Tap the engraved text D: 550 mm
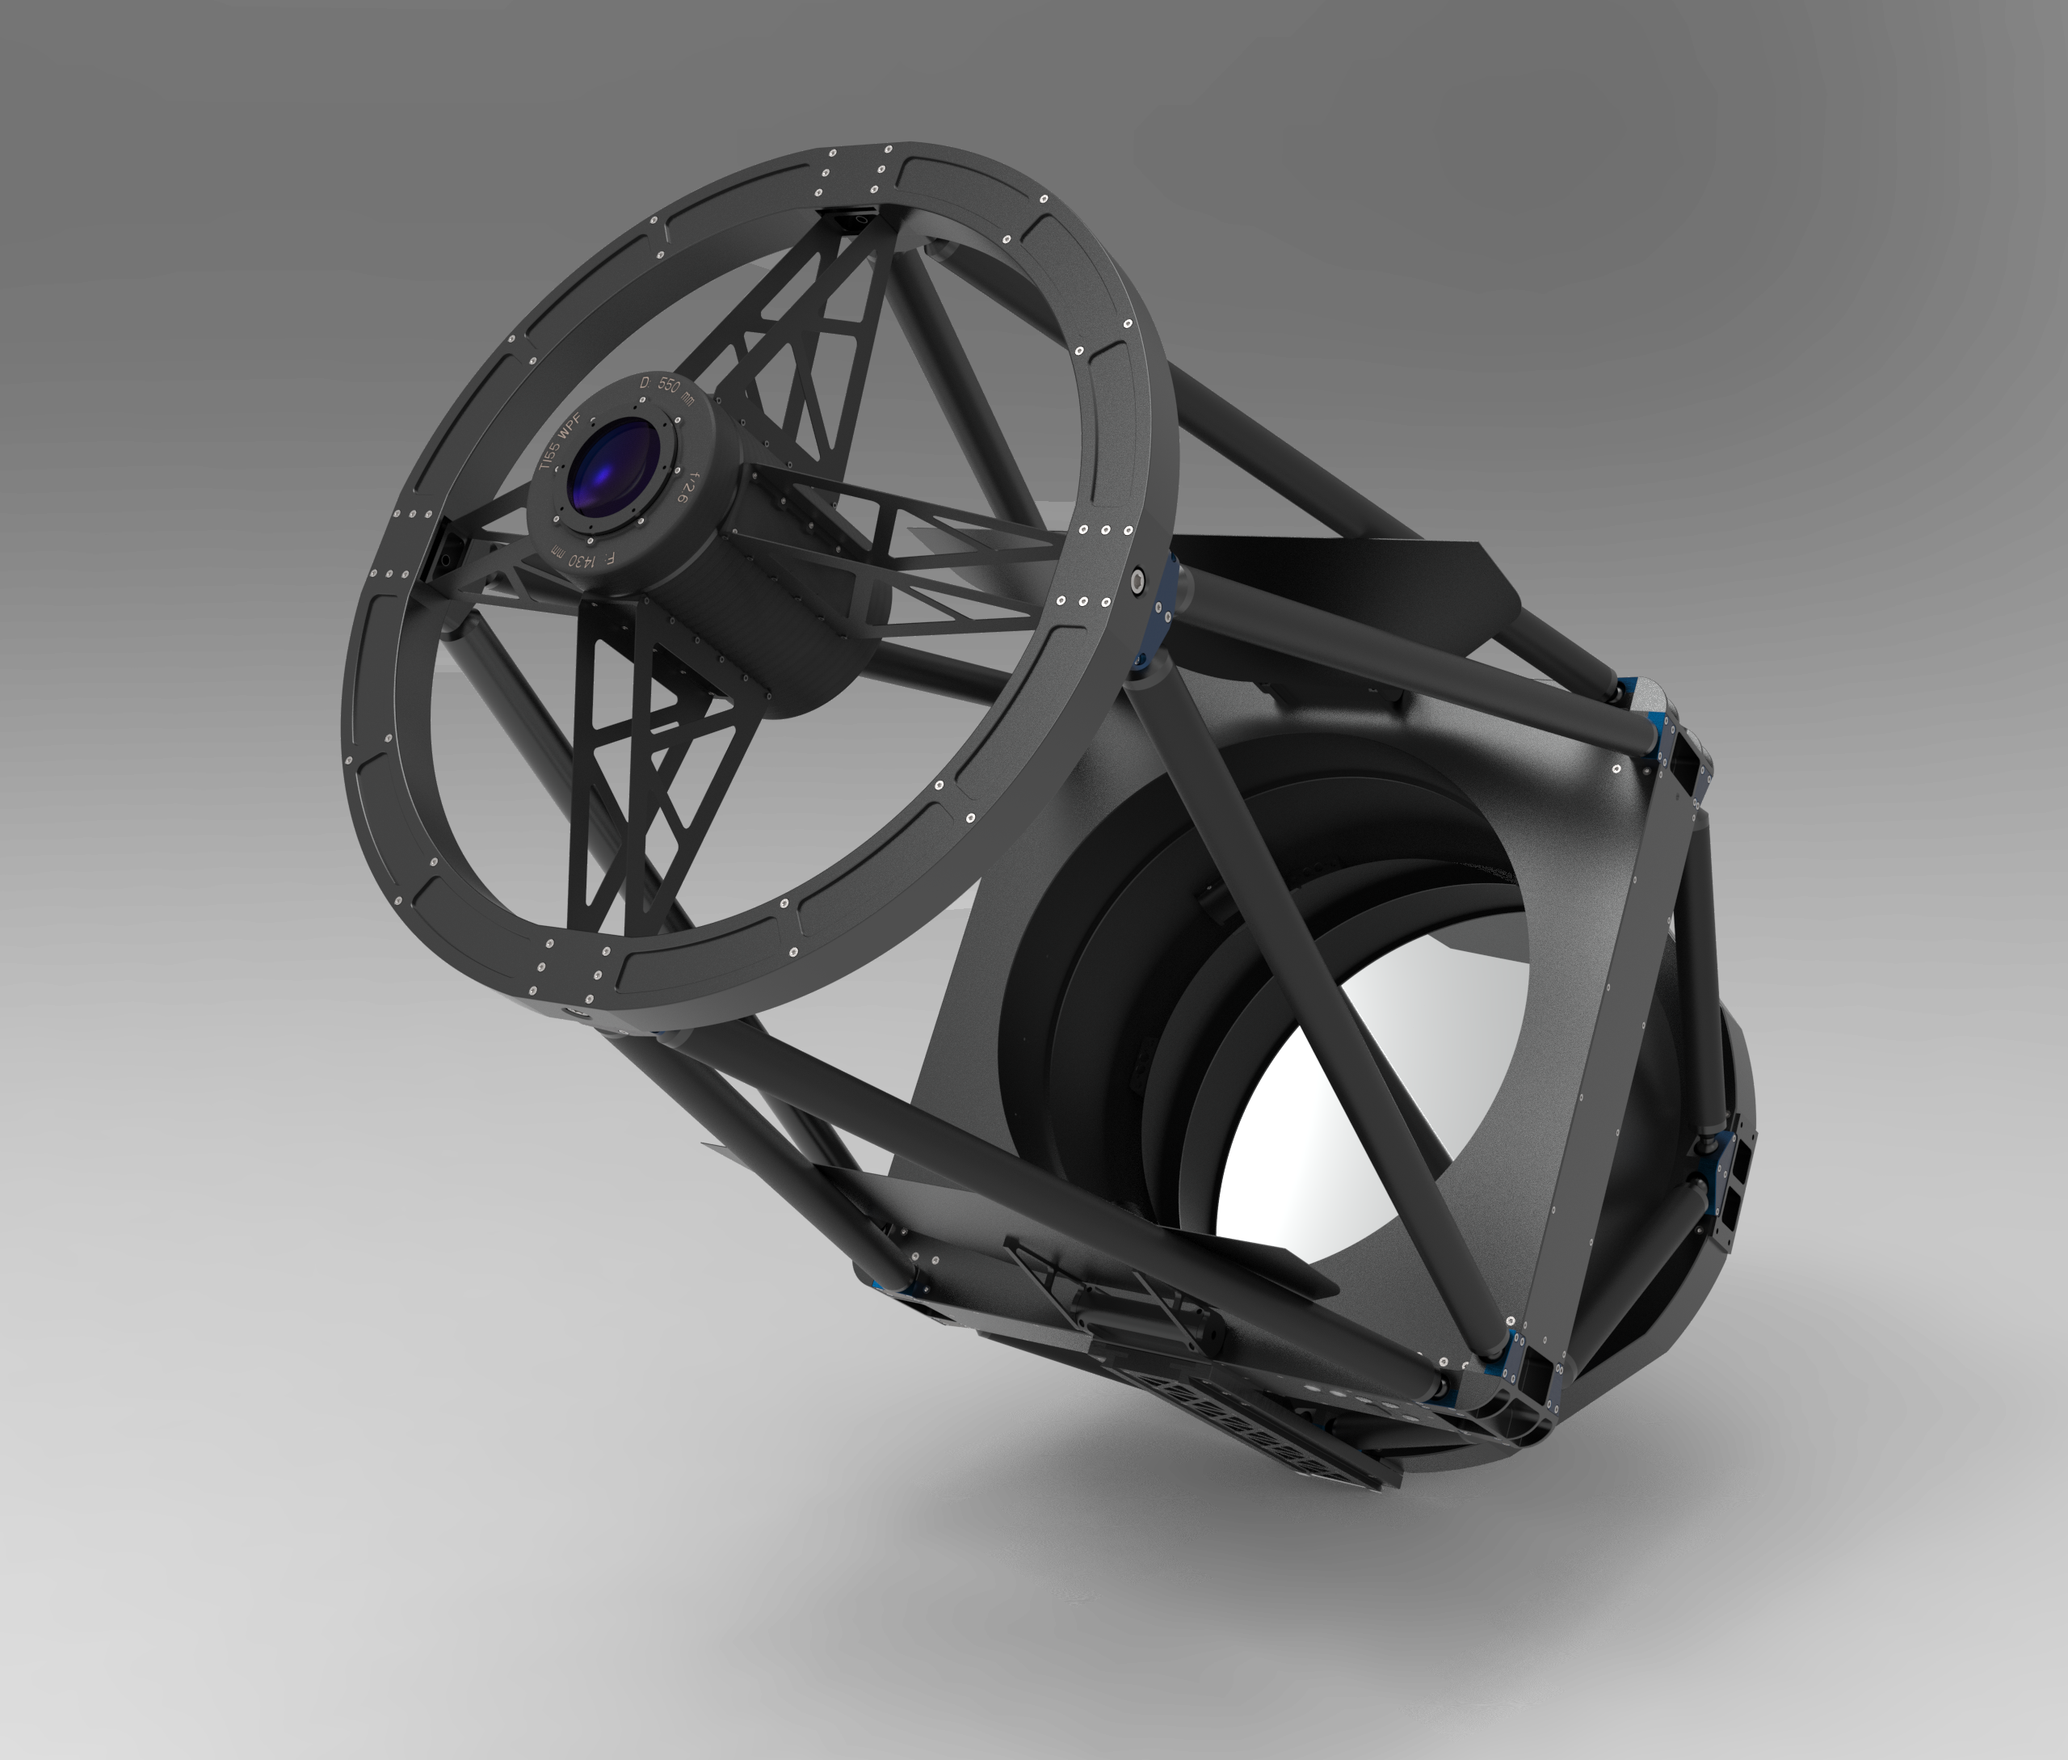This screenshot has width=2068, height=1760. [x=667, y=391]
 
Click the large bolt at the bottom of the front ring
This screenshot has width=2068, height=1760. [x=576, y=1013]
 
